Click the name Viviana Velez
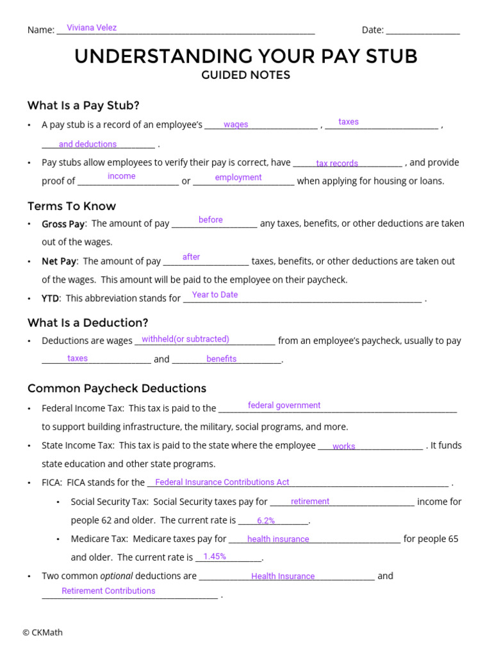pyautogui.click(x=92, y=28)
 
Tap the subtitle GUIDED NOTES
pyautogui.click(x=245, y=76)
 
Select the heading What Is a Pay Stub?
pyautogui.click(x=83, y=105)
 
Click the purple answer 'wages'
pyautogui.click(x=236, y=125)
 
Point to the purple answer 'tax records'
pyautogui.click(x=337, y=163)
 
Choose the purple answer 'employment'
pyautogui.click(x=238, y=177)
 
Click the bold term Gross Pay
pyautogui.click(x=63, y=224)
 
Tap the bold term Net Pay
pyautogui.click(x=59, y=261)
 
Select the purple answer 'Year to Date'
pyautogui.click(x=215, y=295)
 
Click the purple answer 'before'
pyautogui.click(x=211, y=220)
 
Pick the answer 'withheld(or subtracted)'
pyautogui.click(x=185, y=339)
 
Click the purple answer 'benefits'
pyautogui.click(x=222, y=359)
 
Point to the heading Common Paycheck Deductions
pyautogui.click(x=117, y=388)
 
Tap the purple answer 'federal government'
pyautogui.click(x=284, y=405)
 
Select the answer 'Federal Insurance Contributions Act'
pyautogui.click(x=222, y=482)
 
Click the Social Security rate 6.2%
pyautogui.click(x=266, y=521)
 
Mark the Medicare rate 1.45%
pyautogui.click(x=215, y=556)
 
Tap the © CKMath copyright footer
pyautogui.click(x=42, y=632)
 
